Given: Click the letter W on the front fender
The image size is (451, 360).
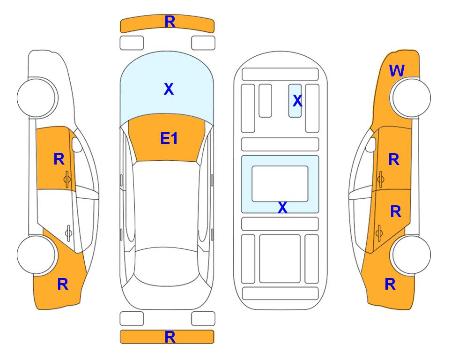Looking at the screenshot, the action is [x=397, y=71].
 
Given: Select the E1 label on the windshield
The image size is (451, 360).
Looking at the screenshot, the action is [x=169, y=138].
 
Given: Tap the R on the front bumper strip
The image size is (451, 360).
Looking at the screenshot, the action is [x=170, y=22].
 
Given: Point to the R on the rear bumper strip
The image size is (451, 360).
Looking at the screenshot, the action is [x=170, y=337].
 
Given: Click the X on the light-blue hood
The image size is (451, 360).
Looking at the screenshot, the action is [x=169, y=89].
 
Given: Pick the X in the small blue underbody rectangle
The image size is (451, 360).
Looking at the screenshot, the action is [x=297, y=101].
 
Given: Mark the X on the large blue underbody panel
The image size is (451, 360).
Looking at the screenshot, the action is [x=282, y=207].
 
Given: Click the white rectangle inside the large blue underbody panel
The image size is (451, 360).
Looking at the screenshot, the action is [x=280, y=184].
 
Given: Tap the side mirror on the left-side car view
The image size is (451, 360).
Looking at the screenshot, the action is [x=76, y=144].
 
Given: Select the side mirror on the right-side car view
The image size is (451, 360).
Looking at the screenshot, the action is [x=371, y=144].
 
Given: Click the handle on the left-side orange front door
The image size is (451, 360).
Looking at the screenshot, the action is [x=67, y=179].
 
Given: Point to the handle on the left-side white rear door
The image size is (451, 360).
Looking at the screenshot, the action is [x=68, y=232].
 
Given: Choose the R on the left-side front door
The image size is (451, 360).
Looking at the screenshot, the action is [x=59, y=159].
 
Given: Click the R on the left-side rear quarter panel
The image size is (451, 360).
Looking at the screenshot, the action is [x=63, y=284].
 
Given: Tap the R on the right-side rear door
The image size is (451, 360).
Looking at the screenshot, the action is [x=396, y=212].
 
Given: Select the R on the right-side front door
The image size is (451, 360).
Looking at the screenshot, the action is [x=394, y=159].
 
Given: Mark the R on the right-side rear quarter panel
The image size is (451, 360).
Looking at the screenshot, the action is [x=390, y=284].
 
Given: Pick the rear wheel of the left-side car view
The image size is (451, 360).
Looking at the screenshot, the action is [x=37, y=255].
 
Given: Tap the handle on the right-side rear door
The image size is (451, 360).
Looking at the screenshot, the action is [x=379, y=232].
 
